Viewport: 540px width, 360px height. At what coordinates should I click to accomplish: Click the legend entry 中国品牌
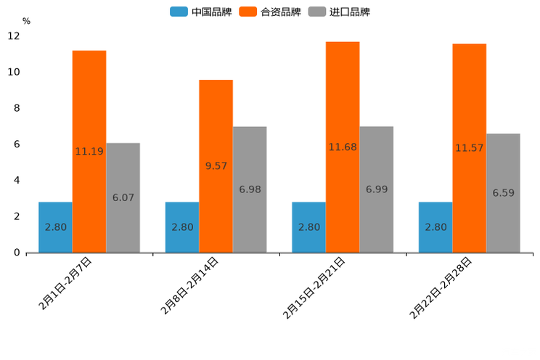201,12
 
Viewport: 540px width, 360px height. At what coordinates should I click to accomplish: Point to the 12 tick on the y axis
14,36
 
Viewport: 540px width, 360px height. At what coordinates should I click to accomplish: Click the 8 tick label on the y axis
17,108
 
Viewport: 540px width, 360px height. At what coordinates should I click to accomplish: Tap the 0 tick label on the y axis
17,253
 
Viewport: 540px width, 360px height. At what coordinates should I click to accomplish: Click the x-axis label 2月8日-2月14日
190,286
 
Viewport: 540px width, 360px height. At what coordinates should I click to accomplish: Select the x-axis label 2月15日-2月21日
314,288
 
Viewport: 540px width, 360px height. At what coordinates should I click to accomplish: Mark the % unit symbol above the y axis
26,21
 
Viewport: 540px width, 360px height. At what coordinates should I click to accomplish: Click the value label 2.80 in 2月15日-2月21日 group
308,227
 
